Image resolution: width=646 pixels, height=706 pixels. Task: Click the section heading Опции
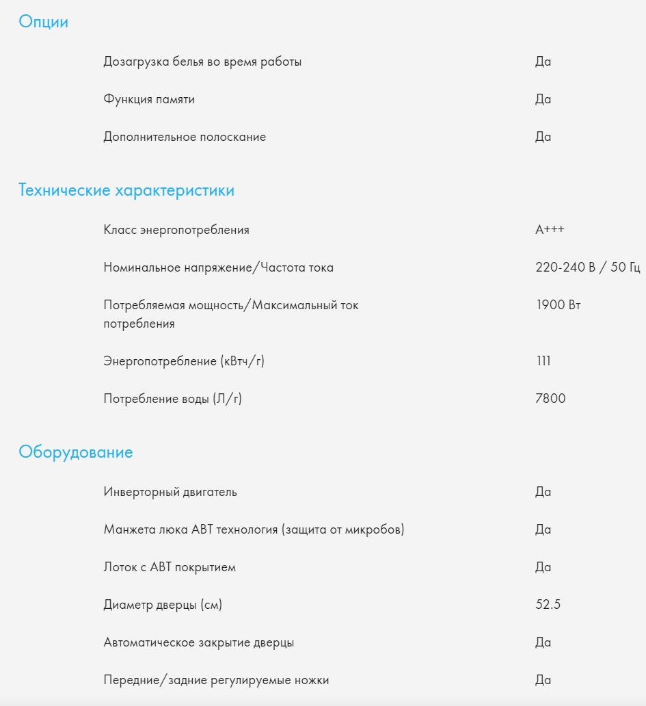[x=43, y=22]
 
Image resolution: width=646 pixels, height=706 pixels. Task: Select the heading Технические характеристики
[x=126, y=190]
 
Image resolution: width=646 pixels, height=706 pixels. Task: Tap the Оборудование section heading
[x=76, y=452]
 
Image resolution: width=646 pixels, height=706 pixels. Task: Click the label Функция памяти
[x=149, y=99]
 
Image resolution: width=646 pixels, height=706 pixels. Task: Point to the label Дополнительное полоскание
[x=185, y=137]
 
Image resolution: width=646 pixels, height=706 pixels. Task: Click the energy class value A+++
[x=550, y=230]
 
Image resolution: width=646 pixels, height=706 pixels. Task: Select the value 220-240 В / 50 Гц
[x=587, y=267]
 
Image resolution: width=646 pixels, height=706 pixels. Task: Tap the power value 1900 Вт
[x=558, y=305]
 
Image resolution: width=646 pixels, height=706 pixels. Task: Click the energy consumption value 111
[x=543, y=361]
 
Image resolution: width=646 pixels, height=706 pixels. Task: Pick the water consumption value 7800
[x=550, y=398]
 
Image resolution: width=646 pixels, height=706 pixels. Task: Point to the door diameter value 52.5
[x=548, y=605]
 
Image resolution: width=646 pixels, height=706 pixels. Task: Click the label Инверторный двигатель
[x=170, y=492]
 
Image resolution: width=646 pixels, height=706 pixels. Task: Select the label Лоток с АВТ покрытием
[x=170, y=567]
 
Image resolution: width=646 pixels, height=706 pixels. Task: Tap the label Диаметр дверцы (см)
[x=163, y=605]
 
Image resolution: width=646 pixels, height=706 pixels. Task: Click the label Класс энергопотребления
[x=176, y=230]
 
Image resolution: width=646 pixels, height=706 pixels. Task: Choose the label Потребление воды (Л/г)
[x=172, y=398]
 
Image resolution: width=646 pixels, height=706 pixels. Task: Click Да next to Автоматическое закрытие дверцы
[x=543, y=642]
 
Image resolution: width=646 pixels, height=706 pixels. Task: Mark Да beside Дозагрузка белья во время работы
[x=543, y=62]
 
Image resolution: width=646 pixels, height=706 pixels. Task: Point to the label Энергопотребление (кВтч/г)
[x=184, y=361]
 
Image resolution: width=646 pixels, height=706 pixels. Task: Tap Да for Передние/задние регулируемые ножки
[x=543, y=680]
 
